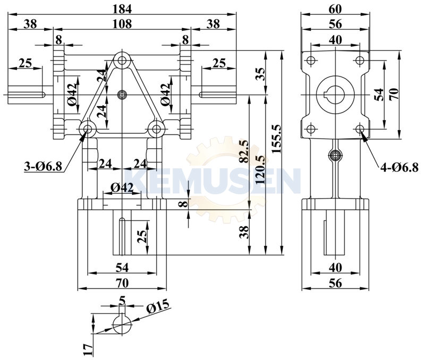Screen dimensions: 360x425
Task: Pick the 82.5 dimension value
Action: point(244,152)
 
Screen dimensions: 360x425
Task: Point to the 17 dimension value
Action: point(88,348)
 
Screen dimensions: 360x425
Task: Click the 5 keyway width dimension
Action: point(122,301)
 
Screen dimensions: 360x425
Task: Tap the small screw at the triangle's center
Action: point(122,95)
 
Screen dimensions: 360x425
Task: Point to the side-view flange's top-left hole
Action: point(311,58)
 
